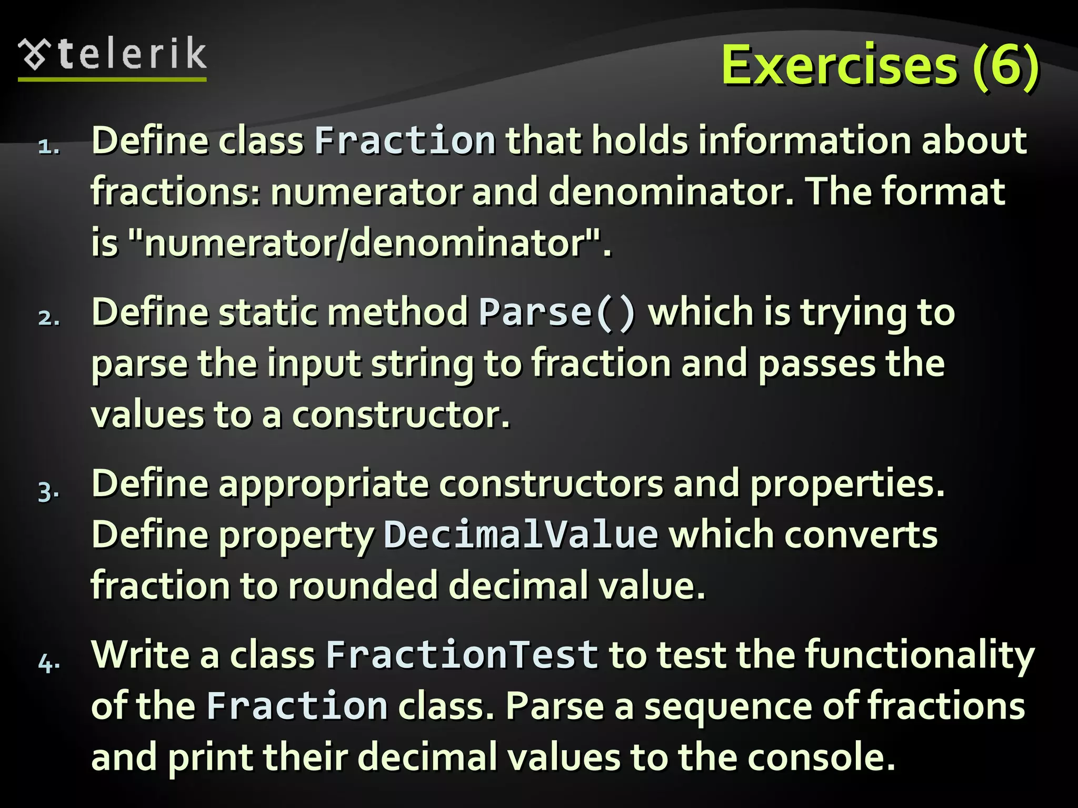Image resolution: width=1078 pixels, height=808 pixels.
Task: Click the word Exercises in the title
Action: (x=839, y=65)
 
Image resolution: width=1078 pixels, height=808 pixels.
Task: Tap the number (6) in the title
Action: (x=1005, y=65)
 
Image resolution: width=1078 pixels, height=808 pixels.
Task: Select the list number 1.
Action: (x=48, y=146)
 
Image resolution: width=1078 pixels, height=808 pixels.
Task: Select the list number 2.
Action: (x=48, y=318)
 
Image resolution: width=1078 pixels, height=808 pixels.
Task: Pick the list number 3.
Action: (x=48, y=491)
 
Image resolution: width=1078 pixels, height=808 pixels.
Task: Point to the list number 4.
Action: (x=49, y=662)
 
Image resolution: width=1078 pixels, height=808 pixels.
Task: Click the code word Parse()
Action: (x=557, y=312)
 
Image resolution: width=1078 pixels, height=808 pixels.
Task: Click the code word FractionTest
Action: (x=462, y=655)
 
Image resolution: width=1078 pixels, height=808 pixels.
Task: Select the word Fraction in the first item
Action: (x=405, y=141)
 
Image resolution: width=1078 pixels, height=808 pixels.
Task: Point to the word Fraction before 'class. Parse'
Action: (x=297, y=706)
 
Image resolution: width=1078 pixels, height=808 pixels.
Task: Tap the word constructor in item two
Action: (x=401, y=415)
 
